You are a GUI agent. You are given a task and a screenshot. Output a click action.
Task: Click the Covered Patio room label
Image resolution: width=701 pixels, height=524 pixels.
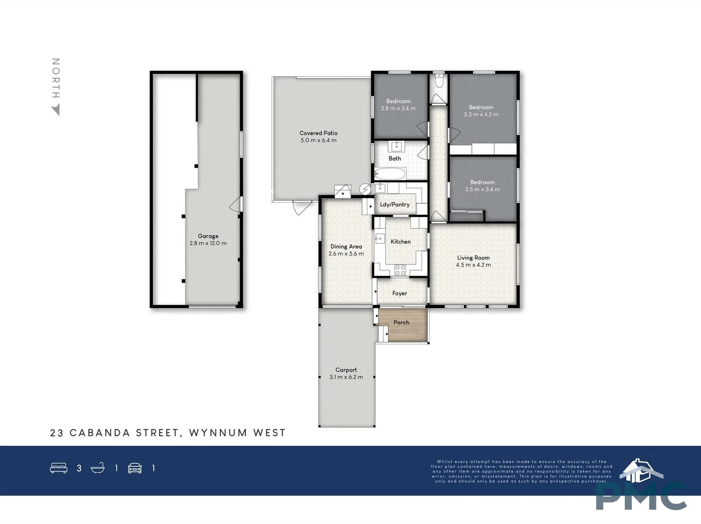[x=318, y=133]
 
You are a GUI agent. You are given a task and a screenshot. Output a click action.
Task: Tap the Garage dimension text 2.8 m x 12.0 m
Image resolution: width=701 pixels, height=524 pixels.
[x=208, y=244]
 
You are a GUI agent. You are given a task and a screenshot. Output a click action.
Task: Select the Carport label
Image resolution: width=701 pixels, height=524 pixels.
[x=346, y=370]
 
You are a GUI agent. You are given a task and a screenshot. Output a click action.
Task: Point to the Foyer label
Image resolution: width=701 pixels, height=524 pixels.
[x=400, y=293]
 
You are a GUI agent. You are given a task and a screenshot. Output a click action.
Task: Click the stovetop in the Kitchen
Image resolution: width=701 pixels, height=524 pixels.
[x=400, y=270]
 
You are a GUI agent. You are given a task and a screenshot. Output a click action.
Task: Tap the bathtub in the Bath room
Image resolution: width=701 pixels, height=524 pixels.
[x=390, y=174]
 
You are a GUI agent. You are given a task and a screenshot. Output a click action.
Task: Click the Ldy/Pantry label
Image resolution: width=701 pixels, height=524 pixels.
[x=394, y=204]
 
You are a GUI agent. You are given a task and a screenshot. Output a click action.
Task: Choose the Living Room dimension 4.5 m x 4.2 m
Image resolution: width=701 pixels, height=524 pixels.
[x=473, y=265]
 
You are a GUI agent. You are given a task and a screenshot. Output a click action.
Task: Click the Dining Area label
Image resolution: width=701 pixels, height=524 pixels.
[x=346, y=246]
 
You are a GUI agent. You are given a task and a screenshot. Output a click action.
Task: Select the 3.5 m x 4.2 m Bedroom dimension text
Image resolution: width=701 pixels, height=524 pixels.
[x=481, y=115]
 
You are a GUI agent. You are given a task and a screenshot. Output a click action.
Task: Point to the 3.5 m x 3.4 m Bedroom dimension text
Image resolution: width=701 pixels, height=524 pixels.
[x=482, y=190]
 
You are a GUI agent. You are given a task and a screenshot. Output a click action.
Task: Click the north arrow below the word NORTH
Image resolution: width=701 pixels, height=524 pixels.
[x=56, y=111]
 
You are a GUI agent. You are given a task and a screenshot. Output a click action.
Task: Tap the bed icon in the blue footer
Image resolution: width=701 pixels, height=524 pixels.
[x=59, y=468]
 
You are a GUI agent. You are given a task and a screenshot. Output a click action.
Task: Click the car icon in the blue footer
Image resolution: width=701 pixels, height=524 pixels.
[x=135, y=468]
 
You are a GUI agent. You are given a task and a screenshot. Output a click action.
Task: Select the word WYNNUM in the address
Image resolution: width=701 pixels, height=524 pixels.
[x=218, y=433]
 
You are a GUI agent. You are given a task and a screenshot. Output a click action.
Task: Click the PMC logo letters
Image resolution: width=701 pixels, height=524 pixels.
[x=641, y=496]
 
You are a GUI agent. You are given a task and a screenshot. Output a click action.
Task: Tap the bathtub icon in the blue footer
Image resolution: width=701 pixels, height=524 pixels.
[x=98, y=468]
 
